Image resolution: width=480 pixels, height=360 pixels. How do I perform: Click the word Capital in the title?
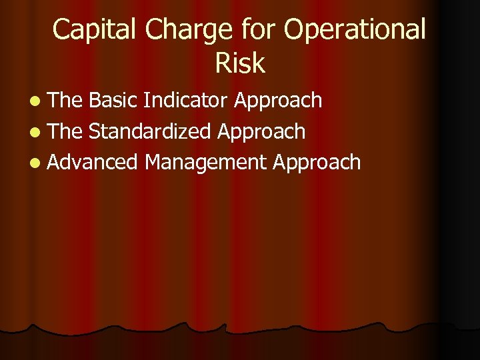point(95,30)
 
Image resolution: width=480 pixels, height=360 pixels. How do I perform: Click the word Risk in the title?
point(240,63)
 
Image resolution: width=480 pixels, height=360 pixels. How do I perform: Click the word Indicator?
point(186,101)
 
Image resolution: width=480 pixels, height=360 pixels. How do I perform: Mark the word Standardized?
point(151,131)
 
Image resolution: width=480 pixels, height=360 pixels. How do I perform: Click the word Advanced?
point(93,162)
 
